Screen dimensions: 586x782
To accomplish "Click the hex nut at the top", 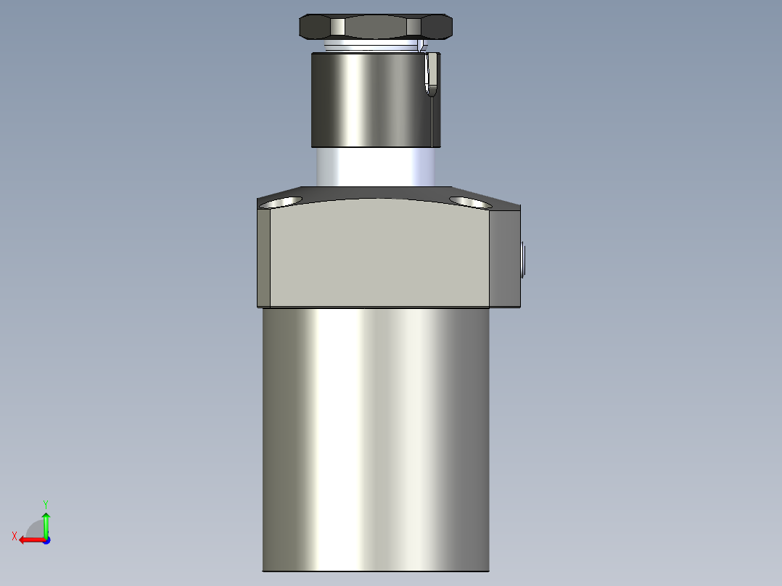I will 376,28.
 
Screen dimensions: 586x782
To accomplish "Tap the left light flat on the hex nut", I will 337,28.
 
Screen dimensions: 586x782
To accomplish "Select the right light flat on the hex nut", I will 413,28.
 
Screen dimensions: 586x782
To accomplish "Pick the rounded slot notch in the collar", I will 432,74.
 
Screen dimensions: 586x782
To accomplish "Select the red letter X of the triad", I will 15,536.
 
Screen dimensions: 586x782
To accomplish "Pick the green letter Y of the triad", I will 45,503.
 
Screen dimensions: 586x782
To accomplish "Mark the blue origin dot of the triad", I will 46,540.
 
